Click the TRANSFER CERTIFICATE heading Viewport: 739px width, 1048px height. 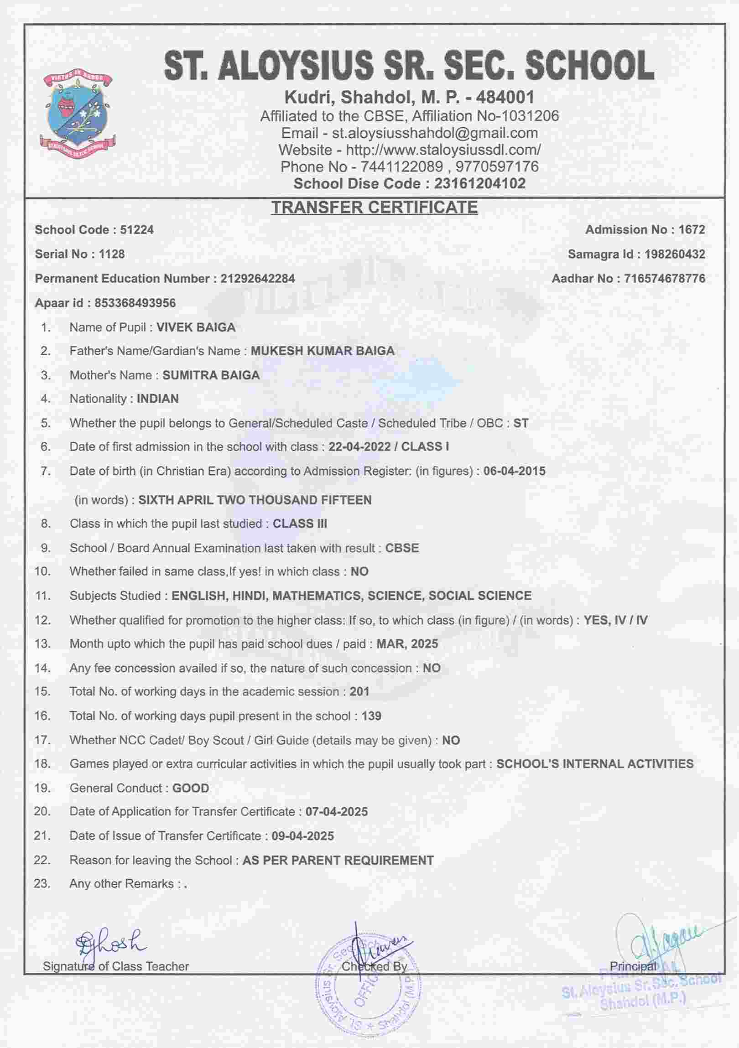click(375, 208)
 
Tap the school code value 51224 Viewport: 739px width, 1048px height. click(137, 229)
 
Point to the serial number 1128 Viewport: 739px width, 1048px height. click(112, 254)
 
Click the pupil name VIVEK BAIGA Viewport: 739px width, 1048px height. click(196, 327)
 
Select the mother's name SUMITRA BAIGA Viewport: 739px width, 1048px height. click(211, 375)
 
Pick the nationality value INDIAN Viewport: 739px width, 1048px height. click(157, 399)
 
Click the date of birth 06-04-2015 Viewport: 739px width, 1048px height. click(515, 471)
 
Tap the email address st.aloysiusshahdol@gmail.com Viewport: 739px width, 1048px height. click(435, 133)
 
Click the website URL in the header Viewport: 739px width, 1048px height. click(443, 150)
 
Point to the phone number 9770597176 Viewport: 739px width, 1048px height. click(497, 166)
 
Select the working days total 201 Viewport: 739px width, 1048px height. click(359, 691)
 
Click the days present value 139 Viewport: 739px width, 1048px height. click(371, 716)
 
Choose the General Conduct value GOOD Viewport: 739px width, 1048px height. click(190, 789)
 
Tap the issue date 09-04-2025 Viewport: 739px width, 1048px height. click(302, 836)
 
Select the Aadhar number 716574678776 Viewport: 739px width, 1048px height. click(664, 279)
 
